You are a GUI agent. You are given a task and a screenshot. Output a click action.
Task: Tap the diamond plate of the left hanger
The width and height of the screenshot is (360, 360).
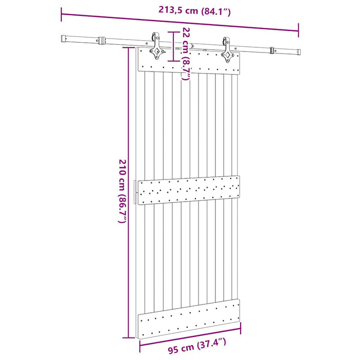(x=154, y=52)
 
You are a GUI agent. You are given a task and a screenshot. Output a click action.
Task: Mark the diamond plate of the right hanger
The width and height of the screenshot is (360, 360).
(x=227, y=57)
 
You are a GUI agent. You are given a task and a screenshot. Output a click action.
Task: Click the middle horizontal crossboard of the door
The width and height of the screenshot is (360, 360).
(x=188, y=190)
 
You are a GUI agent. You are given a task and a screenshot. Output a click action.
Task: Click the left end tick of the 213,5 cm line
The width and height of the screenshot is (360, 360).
(x=62, y=13)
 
